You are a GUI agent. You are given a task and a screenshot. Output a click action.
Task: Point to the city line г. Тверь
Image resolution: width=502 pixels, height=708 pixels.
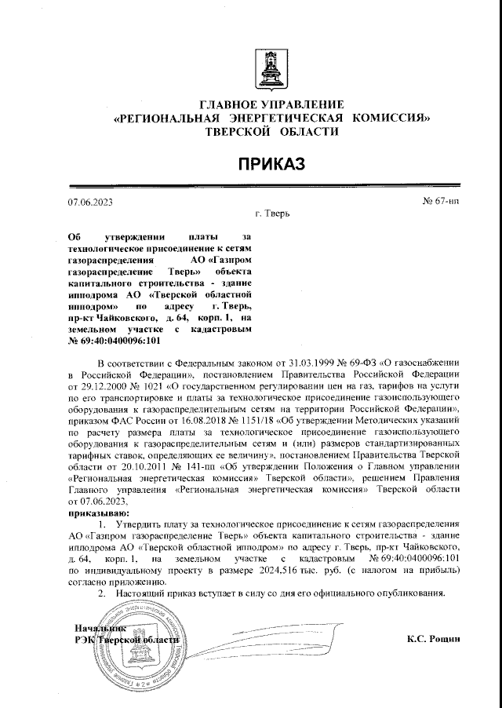click(273, 213)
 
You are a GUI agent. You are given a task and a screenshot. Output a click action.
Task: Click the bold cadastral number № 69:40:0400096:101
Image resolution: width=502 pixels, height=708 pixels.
click(104, 341)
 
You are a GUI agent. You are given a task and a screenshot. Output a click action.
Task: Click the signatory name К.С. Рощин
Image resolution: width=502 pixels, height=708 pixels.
click(433, 639)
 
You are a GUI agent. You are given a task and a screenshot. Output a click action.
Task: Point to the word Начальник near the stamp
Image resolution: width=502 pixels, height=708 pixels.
click(100, 629)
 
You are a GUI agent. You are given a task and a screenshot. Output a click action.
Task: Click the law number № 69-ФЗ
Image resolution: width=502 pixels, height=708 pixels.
click(355, 364)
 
